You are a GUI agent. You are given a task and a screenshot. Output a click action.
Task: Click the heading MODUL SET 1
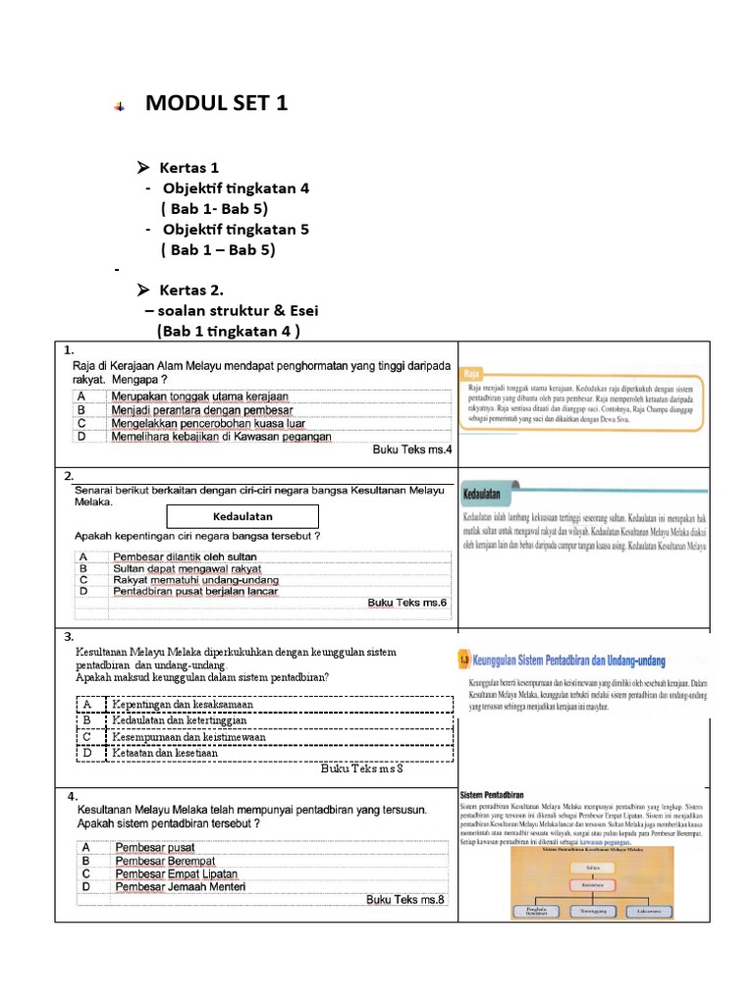pos(216,103)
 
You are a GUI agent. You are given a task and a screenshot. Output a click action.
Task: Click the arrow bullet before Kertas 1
pos(142,168)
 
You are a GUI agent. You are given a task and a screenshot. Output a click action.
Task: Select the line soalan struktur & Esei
pos(223,310)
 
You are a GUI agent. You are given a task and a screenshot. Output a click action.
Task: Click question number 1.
pos(68,349)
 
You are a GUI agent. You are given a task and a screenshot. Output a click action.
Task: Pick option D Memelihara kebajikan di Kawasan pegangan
pos(221,437)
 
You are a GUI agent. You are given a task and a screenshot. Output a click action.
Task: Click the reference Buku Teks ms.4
pos(411,450)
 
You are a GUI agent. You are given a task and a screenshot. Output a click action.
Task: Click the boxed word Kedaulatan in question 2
pos(242,516)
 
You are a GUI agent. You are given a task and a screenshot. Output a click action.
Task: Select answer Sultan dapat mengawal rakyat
pos(187,568)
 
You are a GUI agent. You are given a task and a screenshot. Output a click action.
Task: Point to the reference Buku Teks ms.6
pos(406,603)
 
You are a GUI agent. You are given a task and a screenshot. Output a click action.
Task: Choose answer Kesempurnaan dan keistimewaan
pos(188,736)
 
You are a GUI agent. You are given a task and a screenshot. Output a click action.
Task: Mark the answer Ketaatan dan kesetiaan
pos(164,753)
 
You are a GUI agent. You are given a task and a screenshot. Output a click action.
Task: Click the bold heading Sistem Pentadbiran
pos(493,793)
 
